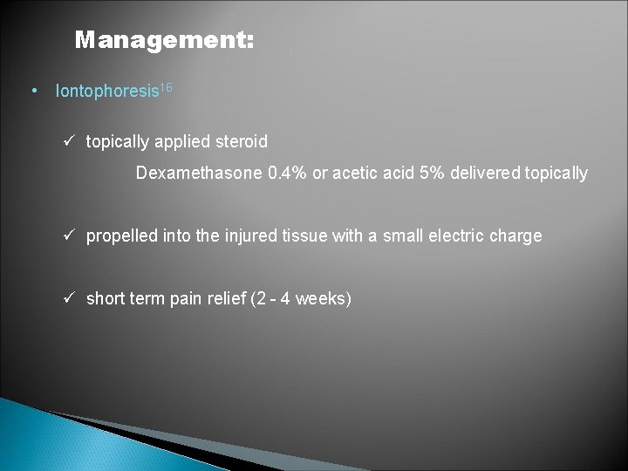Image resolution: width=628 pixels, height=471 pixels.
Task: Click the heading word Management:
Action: click(x=164, y=40)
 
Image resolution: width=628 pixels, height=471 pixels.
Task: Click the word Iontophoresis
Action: click(x=104, y=92)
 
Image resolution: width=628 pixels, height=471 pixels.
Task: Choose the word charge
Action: click(x=518, y=236)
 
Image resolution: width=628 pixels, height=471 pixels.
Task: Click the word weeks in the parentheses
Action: click(x=323, y=299)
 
